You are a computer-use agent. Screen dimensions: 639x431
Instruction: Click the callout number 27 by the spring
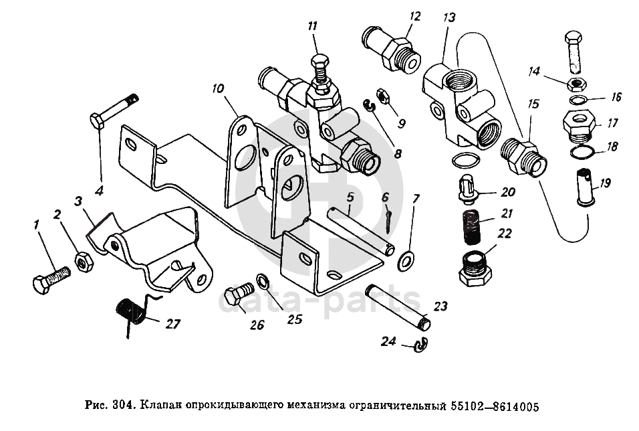click(x=173, y=324)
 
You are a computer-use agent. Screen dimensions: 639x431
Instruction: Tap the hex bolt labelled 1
click(x=51, y=279)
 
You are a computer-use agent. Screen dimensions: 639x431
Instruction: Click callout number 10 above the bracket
click(x=218, y=88)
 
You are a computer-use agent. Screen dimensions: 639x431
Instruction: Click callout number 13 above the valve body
click(x=449, y=18)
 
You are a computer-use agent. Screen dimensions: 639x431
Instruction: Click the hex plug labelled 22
click(x=475, y=269)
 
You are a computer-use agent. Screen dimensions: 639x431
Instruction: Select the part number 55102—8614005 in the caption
click(x=495, y=406)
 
